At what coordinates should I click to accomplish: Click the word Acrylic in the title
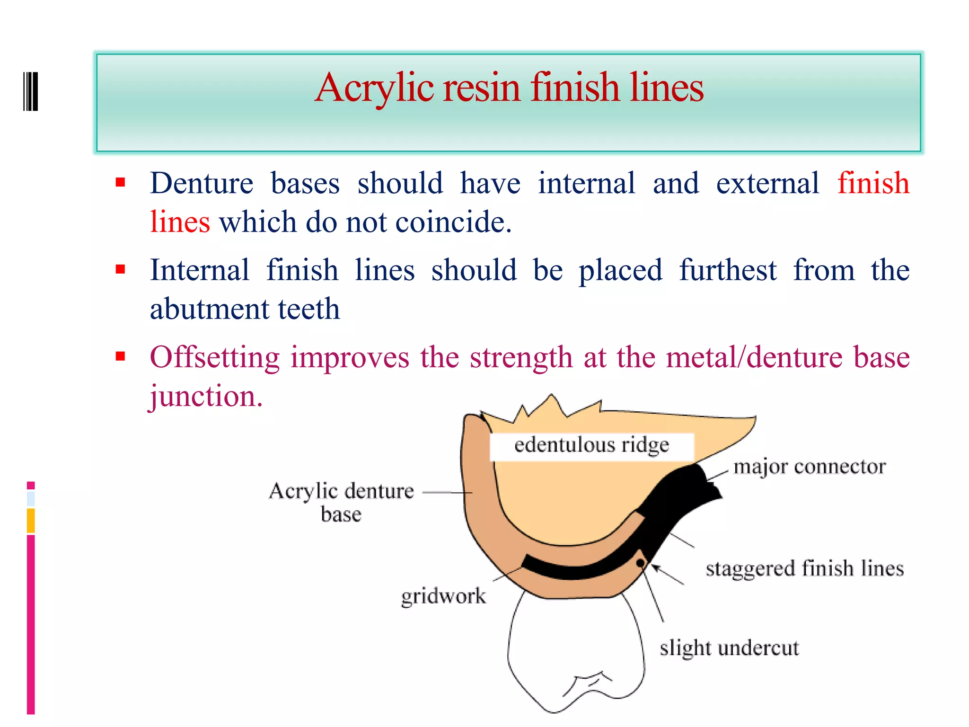coord(374,88)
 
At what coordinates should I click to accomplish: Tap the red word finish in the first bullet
coord(873,183)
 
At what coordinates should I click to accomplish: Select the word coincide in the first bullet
coord(453,222)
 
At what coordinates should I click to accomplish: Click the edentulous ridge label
coord(591,445)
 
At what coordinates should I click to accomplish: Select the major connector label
coord(809,467)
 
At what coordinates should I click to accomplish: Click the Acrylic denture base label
coord(341,502)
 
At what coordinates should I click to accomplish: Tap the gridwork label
coord(443,596)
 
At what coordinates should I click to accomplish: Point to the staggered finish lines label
coord(804,568)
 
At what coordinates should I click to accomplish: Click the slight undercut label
coord(729,648)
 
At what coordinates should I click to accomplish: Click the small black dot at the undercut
coord(640,563)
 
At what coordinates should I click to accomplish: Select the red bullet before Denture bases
coord(120,182)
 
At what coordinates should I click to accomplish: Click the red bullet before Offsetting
coord(120,356)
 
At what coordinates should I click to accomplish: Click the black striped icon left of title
coord(31,91)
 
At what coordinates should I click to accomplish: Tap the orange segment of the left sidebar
coord(31,520)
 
